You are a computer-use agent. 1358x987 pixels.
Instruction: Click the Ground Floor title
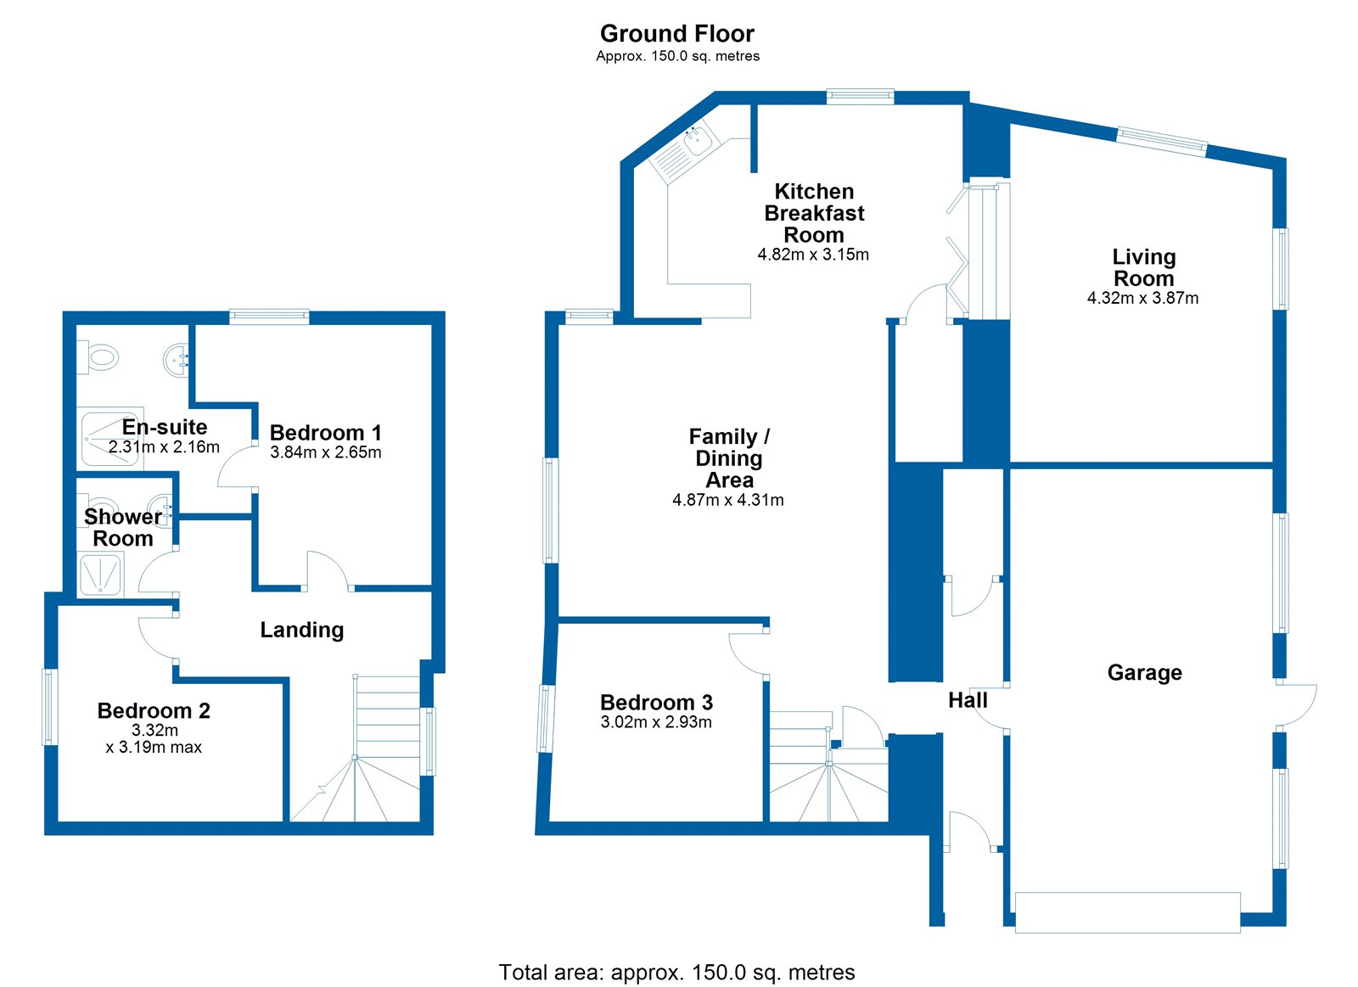pyautogui.click(x=676, y=34)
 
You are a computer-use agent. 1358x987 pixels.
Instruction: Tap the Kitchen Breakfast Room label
pyautogui.click(x=813, y=213)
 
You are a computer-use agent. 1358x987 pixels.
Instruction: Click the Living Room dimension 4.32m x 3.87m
pyautogui.click(x=1142, y=298)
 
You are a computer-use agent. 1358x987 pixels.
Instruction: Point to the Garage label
pyautogui.click(x=1144, y=672)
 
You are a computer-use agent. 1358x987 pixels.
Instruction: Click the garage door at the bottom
pyautogui.click(x=1127, y=912)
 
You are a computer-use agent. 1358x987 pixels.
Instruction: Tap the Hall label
pyautogui.click(x=968, y=700)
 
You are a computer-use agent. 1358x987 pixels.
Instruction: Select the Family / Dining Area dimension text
pyautogui.click(x=727, y=500)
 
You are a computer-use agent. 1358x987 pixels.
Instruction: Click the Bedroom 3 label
pyautogui.click(x=656, y=702)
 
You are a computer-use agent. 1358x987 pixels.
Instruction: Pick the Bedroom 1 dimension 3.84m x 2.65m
pyautogui.click(x=325, y=452)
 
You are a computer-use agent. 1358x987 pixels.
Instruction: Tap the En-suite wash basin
pyautogui.click(x=177, y=360)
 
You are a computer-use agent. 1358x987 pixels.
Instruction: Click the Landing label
pyautogui.click(x=301, y=630)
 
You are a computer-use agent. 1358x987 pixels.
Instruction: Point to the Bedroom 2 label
pyautogui.click(x=154, y=710)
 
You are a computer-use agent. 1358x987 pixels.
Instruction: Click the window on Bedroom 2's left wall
pyautogui.click(x=50, y=707)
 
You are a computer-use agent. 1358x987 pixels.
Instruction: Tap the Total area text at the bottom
pyautogui.click(x=676, y=972)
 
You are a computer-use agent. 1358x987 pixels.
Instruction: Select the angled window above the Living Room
pyautogui.click(x=1162, y=141)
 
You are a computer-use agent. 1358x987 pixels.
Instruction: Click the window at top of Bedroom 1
pyautogui.click(x=269, y=317)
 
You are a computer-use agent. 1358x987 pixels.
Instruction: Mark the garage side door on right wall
pyautogui.click(x=1295, y=704)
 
